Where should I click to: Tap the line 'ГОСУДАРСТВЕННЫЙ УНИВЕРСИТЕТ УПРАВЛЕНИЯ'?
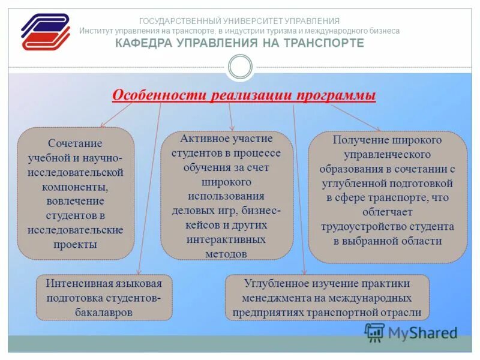[239, 21]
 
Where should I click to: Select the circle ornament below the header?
[240, 67]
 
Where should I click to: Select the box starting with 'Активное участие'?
[226, 196]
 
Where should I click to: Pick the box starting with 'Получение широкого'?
[387, 197]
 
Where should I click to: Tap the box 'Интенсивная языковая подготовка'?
[104, 297]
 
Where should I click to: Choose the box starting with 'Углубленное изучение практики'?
[327, 297]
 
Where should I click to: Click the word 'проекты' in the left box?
[75, 244]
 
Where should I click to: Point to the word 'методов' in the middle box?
[226, 254]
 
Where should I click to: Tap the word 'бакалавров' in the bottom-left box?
[104, 313]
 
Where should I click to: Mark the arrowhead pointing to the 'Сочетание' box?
[103, 125]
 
